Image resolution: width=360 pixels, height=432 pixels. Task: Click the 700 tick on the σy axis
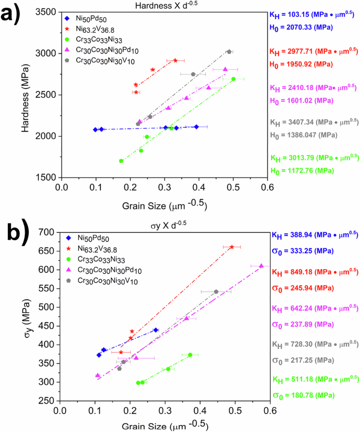click(x=51, y=232)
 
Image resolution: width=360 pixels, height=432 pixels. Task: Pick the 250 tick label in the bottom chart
click(x=51, y=401)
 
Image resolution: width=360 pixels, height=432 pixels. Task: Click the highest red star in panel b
click(x=232, y=246)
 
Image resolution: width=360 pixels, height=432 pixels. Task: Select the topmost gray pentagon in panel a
click(x=229, y=52)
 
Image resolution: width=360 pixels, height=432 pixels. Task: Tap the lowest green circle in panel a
click(x=121, y=161)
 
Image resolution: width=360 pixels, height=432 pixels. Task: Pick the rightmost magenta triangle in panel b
click(x=261, y=266)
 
